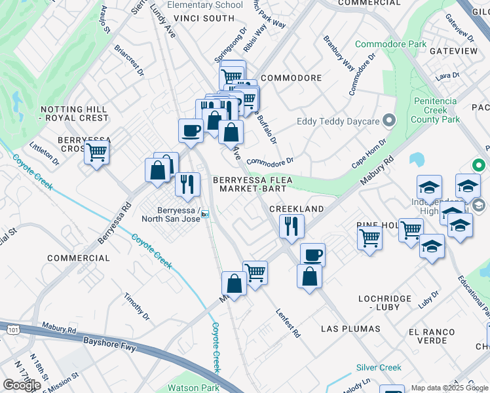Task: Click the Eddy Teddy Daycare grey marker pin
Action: (x=389, y=121)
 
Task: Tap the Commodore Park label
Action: (x=390, y=45)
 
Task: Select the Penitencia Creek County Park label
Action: (x=438, y=110)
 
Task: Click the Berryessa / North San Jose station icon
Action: (x=205, y=214)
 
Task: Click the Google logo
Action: (x=22, y=385)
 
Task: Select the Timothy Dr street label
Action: (x=137, y=307)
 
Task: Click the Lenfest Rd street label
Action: (x=288, y=323)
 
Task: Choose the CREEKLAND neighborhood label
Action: (x=297, y=209)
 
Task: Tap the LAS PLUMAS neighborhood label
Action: (x=350, y=327)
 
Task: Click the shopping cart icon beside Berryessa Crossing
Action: (x=97, y=153)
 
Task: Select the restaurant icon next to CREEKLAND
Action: (x=291, y=226)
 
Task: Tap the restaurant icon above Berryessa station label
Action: (x=188, y=184)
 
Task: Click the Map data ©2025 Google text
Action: (x=449, y=388)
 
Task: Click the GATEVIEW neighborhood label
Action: (x=453, y=50)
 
